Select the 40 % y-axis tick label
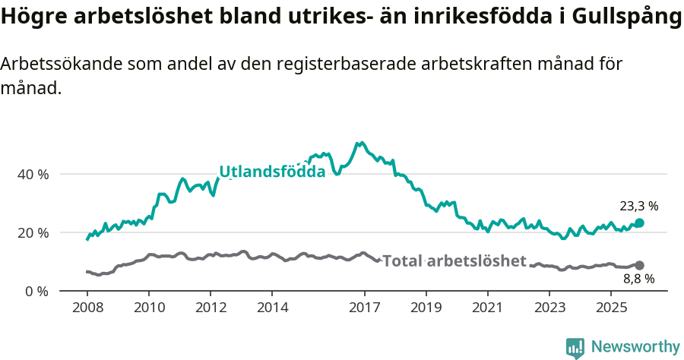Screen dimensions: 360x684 [33, 174]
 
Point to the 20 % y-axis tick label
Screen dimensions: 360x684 [33, 232]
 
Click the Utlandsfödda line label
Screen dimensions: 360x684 [272, 172]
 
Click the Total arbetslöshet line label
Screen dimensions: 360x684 [454, 261]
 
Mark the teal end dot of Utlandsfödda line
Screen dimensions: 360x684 [639, 223]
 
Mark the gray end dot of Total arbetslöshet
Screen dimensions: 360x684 [639, 265]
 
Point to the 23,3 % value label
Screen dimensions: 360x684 [638, 206]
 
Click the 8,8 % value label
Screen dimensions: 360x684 [638, 279]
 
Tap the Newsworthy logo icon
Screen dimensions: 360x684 [575, 347]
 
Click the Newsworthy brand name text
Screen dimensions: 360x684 [635, 347]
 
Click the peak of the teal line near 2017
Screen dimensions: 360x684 [360, 143]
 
